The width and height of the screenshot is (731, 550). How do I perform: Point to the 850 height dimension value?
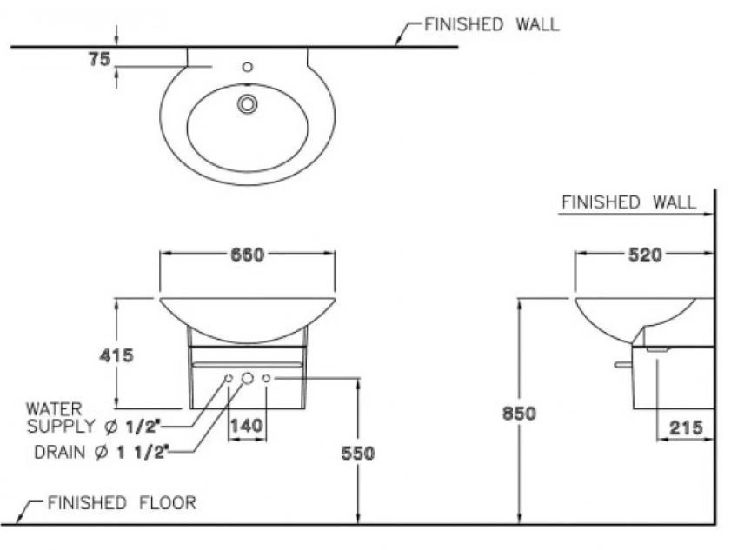click(x=519, y=414)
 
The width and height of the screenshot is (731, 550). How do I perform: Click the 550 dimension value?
click(x=357, y=454)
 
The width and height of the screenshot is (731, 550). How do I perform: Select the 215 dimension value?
click(x=687, y=427)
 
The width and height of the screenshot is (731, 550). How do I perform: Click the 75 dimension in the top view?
click(x=98, y=58)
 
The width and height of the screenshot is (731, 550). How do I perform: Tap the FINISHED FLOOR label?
click(x=122, y=502)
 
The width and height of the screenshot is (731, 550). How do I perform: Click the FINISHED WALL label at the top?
click(x=491, y=24)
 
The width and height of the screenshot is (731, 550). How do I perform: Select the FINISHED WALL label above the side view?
click(x=628, y=202)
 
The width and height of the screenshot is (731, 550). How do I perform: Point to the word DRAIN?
click(x=59, y=452)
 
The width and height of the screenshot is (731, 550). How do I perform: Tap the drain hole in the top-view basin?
click(x=248, y=104)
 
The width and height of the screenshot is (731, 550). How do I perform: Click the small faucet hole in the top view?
click(x=248, y=66)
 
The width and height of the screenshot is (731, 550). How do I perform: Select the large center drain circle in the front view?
click(x=248, y=378)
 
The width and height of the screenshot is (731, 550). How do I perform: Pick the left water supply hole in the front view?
click(x=229, y=378)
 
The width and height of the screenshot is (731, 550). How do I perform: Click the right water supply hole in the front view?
click(x=267, y=378)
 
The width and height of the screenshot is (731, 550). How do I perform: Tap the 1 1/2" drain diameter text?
click(x=140, y=452)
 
